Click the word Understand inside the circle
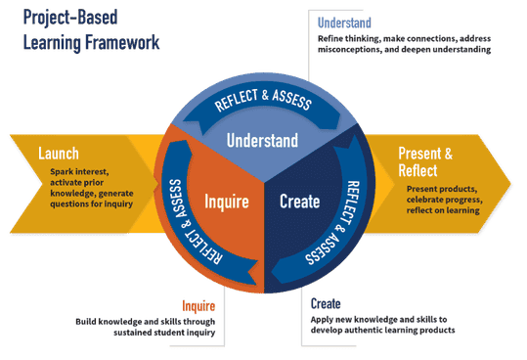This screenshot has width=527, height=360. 262,141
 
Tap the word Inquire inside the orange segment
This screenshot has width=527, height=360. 227,202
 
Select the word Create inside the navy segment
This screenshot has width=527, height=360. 299,202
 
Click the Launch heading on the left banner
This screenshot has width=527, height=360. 59,154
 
